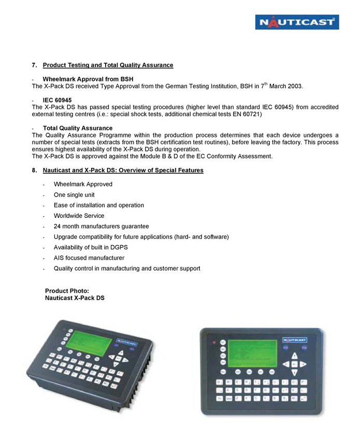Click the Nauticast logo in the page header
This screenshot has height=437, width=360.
[x=297, y=22]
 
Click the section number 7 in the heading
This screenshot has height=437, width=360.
[x=34, y=65]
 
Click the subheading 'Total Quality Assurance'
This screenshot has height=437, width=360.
[x=78, y=128]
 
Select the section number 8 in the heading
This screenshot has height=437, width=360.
[x=34, y=170]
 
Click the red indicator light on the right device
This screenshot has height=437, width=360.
[x=212, y=343]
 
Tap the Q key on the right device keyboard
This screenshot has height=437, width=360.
[x=221, y=383]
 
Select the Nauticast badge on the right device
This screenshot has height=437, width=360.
[x=296, y=340]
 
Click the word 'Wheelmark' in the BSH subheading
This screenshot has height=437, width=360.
[x=62, y=79]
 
